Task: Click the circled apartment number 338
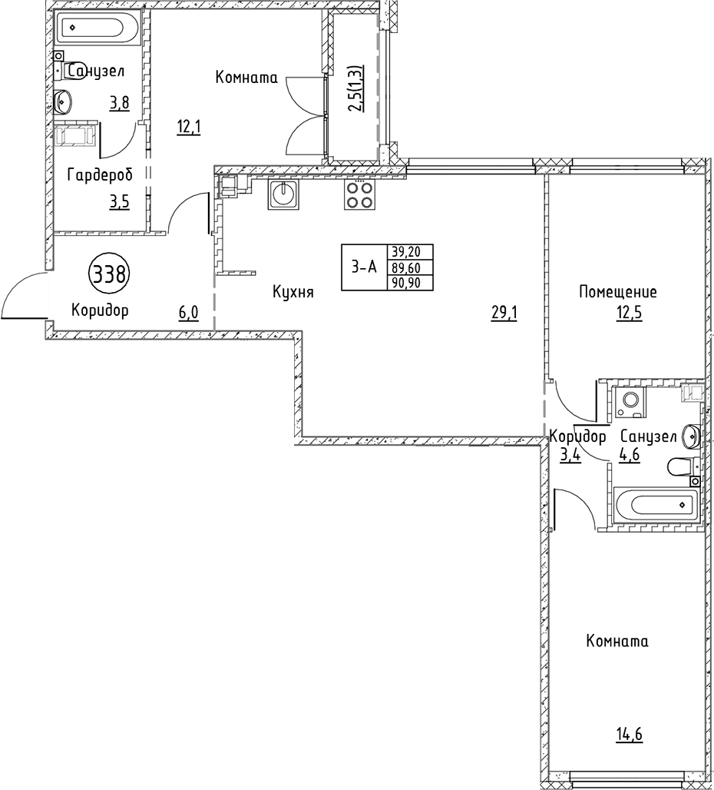(x=109, y=273)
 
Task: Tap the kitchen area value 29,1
(x=504, y=312)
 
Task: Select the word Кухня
(x=293, y=292)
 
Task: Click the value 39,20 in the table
(x=412, y=252)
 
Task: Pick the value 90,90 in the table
(x=412, y=282)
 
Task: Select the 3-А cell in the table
(x=365, y=267)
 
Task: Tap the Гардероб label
(x=100, y=175)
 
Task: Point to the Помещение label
(x=618, y=292)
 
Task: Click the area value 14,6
(x=628, y=734)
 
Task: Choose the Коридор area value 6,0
(x=189, y=312)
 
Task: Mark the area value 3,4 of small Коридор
(x=570, y=454)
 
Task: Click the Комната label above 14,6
(x=616, y=642)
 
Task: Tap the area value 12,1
(x=189, y=127)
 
